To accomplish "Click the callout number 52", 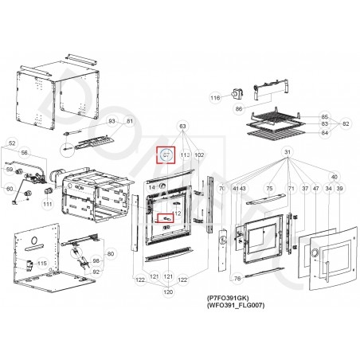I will (x=12, y=143).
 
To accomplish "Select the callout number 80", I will (x=111, y=254).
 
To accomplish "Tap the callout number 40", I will (x=334, y=177).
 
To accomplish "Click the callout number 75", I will (x=269, y=188).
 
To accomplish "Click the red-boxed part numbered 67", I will (x=166, y=155).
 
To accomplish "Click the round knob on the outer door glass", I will (x=314, y=255).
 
